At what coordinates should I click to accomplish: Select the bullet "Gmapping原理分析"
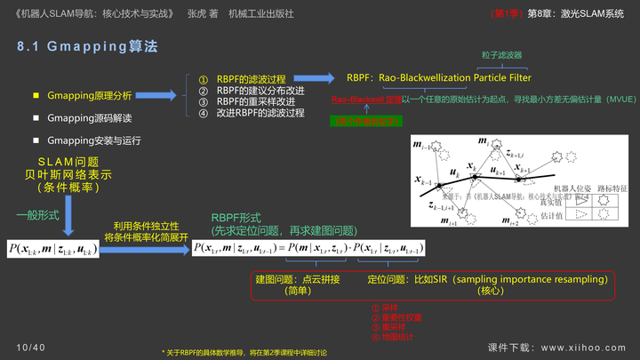coord(89,95)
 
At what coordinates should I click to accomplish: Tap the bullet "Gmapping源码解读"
coord(89,117)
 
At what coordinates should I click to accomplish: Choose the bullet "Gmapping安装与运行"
coord(93,140)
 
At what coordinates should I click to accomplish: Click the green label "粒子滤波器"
coord(501,55)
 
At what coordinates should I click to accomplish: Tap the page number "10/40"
coord(30,347)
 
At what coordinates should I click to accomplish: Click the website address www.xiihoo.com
coord(583,348)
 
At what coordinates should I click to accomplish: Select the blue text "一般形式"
coord(37,216)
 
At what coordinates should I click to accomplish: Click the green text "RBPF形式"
coord(236,218)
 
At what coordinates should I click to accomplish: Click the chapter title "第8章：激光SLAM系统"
coord(575,14)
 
